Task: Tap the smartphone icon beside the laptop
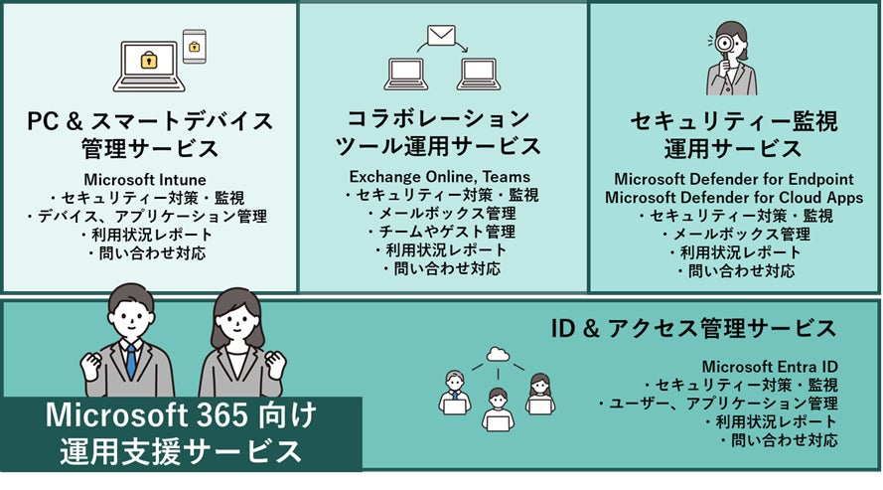(194, 45)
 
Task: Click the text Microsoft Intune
(149, 179)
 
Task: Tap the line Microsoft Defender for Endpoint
(733, 179)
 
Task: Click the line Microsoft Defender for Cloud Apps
(733, 197)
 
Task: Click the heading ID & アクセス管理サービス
(692, 327)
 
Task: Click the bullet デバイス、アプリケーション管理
(149, 216)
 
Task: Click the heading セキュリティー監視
(733, 122)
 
